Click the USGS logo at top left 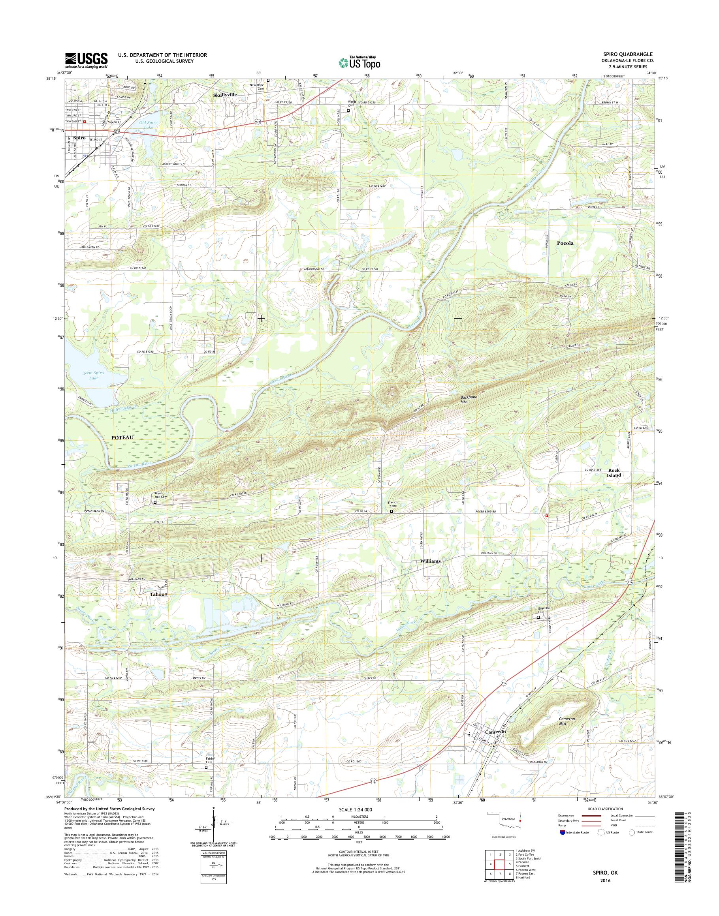click(x=86, y=60)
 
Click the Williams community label click(x=430, y=561)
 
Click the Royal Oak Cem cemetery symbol click(x=154, y=502)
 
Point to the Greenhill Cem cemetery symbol click(x=538, y=617)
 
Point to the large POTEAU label click(x=122, y=437)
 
